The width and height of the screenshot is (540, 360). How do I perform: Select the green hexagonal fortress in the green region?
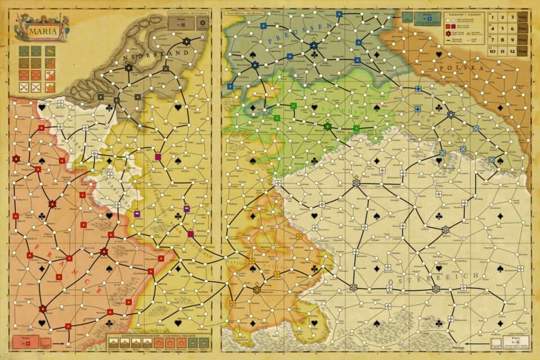(x=327, y=127)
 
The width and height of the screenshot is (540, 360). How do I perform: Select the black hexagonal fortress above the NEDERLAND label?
(x=186, y=40)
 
